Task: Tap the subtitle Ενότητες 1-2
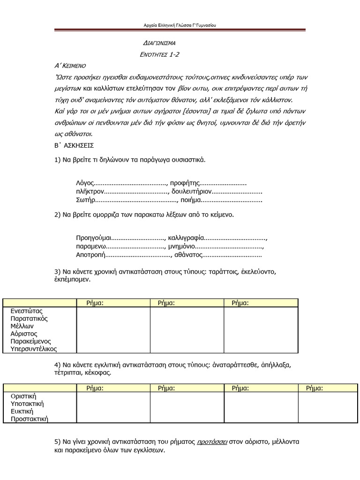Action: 160,54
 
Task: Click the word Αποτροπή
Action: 91,255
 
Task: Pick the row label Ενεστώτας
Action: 27,311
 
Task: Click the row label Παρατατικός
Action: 29,318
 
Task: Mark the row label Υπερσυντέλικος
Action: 33,349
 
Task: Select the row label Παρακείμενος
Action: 31,341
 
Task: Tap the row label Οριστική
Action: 23,396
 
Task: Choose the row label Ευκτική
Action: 22,411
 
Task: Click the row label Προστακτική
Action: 30,419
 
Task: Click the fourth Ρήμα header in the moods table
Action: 315,388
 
